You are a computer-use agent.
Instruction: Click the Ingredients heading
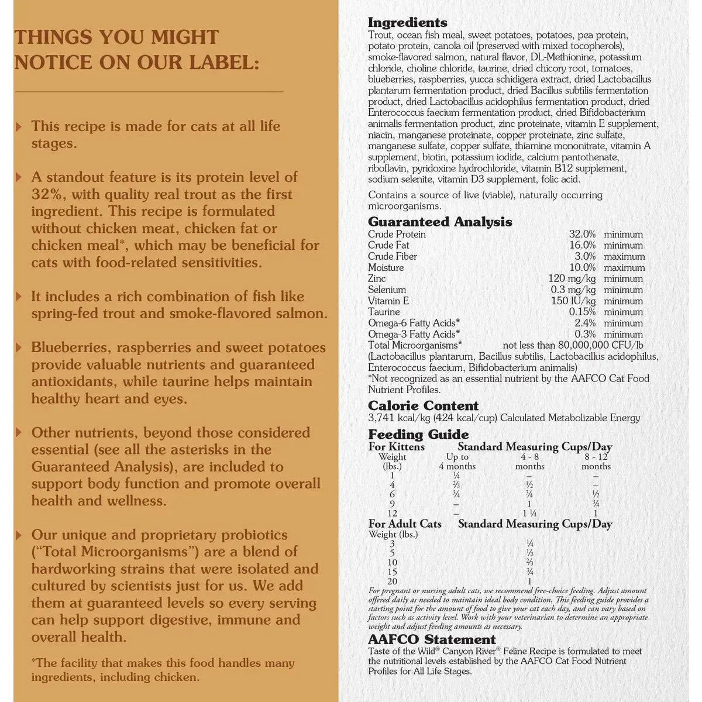407,23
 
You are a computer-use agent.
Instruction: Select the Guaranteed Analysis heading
440,222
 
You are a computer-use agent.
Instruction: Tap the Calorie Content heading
423,405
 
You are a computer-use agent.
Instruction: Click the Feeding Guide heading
418,434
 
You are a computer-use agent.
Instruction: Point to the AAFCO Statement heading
432,639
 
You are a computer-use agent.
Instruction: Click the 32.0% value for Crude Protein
582,234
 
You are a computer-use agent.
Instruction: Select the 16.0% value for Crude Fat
582,245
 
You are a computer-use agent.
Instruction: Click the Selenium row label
387,290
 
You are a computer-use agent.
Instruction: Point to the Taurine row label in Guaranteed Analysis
384,312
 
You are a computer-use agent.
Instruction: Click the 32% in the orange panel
44,194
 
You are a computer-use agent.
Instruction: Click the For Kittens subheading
396,447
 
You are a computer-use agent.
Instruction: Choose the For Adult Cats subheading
405,524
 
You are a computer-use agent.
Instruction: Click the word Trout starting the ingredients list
380,35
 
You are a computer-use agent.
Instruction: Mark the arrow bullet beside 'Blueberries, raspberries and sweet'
19,347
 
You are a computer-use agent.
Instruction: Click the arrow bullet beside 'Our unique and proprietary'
19,535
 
